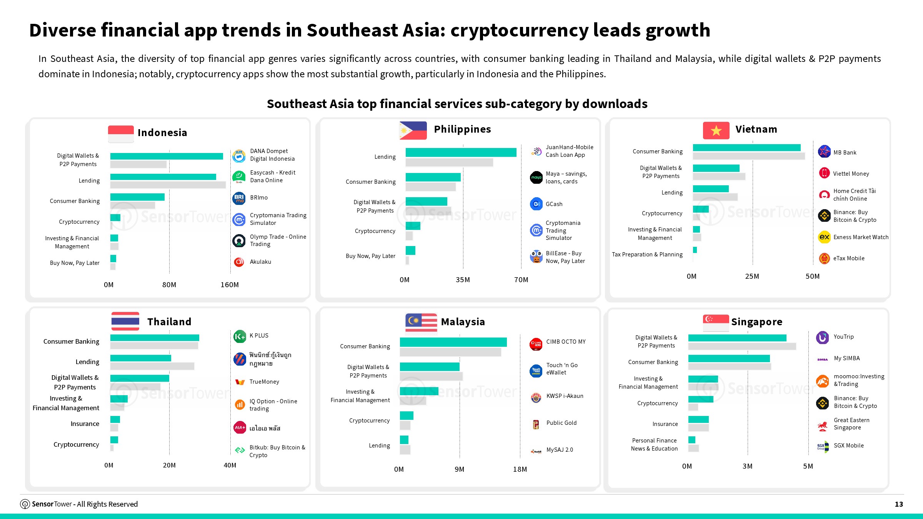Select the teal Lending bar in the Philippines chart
[461, 153]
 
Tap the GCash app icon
[536, 204]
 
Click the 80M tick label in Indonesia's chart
[169, 285]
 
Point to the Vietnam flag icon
[716, 130]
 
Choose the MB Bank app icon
[824, 152]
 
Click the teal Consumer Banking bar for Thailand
[155, 338]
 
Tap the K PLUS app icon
[240, 336]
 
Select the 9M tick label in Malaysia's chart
[460, 469]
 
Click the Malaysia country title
[463, 322]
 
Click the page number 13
[899, 504]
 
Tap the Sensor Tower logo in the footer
[25, 504]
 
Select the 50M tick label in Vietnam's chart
[813, 276]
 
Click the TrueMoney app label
[264, 382]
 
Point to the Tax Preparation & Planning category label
[647, 255]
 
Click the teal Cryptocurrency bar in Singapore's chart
[701, 399]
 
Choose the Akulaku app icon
[239, 262]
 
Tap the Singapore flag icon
[716, 323]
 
